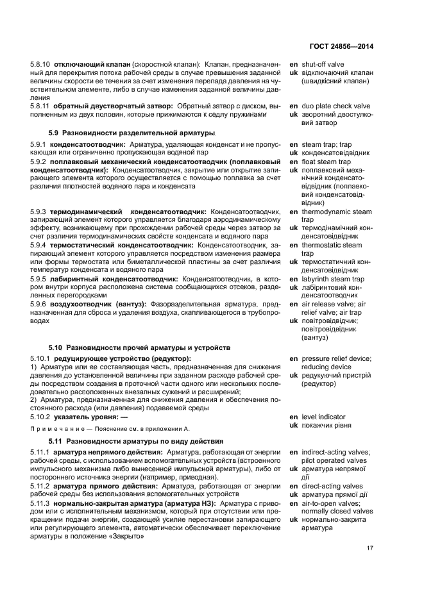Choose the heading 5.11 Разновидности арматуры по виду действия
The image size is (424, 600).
tap(136, 441)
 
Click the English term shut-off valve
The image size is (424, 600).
tap(323, 65)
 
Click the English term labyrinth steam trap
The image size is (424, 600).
tap(333, 279)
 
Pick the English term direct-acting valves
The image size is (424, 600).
tap(332, 486)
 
